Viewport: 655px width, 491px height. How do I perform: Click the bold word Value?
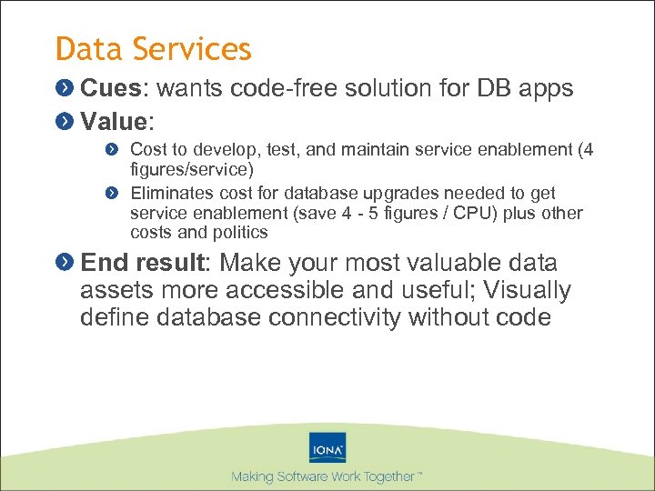[x=114, y=121]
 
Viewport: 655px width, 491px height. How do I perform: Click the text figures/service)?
[x=191, y=168]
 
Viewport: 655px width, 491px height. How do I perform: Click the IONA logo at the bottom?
[x=327, y=447]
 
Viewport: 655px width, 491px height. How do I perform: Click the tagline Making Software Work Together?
[x=326, y=476]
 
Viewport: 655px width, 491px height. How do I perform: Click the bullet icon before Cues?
[x=64, y=88]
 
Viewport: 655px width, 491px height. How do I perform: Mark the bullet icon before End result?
[x=64, y=263]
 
